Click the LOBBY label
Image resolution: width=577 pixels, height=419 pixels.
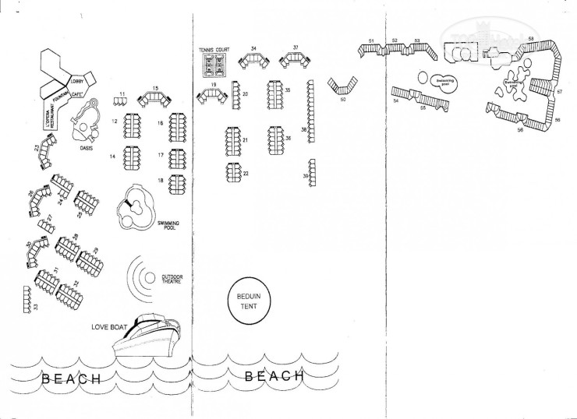point(79,80)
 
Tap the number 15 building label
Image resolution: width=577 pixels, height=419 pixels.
point(155,89)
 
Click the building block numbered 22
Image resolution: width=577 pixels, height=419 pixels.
point(233,171)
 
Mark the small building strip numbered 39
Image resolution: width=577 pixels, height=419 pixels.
point(312,171)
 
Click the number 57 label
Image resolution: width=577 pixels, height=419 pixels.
point(559,92)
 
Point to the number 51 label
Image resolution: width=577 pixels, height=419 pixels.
point(372,40)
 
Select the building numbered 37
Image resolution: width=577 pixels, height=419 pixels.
point(296,59)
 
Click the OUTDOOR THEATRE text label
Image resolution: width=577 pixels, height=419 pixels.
point(172,278)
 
